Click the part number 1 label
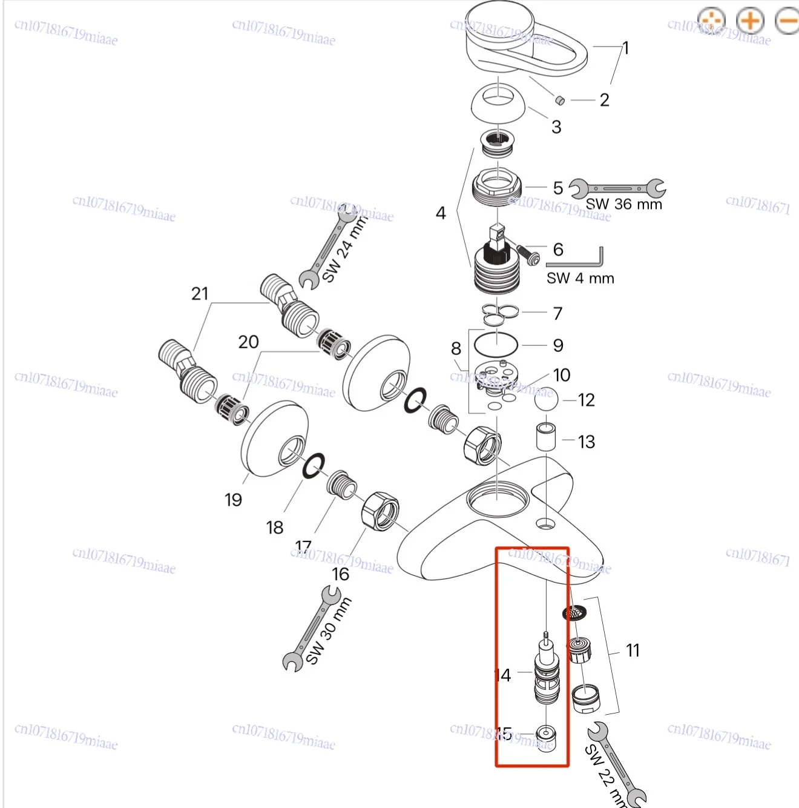pyautogui.click(x=626, y=48)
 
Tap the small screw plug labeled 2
pyautogui.click(x=560, y=100)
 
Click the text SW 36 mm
pyautogui.click(x=623, y=205)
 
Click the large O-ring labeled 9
pyautogui.click(x=496, y=345)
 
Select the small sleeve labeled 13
pyautogui.click(x=546, y=437)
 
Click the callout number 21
pyautogui.click(x=200, y=294)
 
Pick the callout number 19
pyautogui.click(x=233, y=500)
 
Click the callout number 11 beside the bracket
pyautogui.click(x=633, y=651)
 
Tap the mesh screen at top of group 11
pyautogui.click(x=574, y=614)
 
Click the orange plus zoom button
pyautogui.click(x=750, y=21)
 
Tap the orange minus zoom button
pyautogui.click(x=788, y=21)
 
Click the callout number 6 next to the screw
pyautogui.click(x=558, y=250)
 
